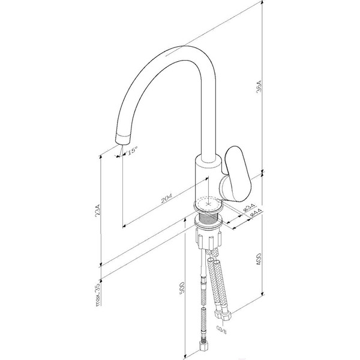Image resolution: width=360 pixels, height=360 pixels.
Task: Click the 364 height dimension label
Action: pyautogui.click(x=259, y=86)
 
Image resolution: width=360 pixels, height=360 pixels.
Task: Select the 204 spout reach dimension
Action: pyautogui.click(x=166, y=198)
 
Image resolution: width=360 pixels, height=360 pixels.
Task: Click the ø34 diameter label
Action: pyautogui.click(x=249, y=207)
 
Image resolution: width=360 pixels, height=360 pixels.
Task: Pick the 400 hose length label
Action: pyautogui.click(x=259, y=259)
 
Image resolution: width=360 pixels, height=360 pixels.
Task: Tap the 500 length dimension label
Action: pyautogui.click(x=182, y=288)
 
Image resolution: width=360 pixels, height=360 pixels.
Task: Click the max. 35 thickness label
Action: pyautogui.click(x=98, y=295)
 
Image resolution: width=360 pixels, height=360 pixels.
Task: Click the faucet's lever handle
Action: pyautogui.click(x=236, y=174)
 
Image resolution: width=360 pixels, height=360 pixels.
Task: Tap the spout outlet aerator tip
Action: pyautogui.click(x=122, y=139)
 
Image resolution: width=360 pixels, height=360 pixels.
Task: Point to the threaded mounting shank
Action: pyautogui.click(x=208, y=218)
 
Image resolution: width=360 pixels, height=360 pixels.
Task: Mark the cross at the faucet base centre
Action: pyautogui.click(x=208, y=203)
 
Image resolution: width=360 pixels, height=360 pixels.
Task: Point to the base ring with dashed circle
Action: pyautogui.click(x=208, y=205)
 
